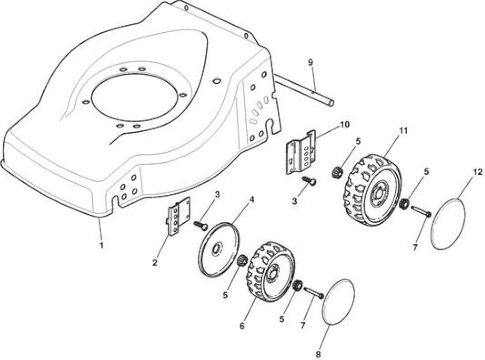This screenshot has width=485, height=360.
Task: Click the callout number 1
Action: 101,246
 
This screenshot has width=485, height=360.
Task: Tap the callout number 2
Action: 154,263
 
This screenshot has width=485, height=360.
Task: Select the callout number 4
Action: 252,200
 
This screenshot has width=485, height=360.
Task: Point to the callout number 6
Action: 242,326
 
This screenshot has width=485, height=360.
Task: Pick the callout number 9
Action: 310,63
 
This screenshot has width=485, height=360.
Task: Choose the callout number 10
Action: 344,125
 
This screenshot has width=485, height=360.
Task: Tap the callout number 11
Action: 403,130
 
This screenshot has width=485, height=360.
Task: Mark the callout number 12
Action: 477,171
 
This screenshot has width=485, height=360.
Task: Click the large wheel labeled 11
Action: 373,190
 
